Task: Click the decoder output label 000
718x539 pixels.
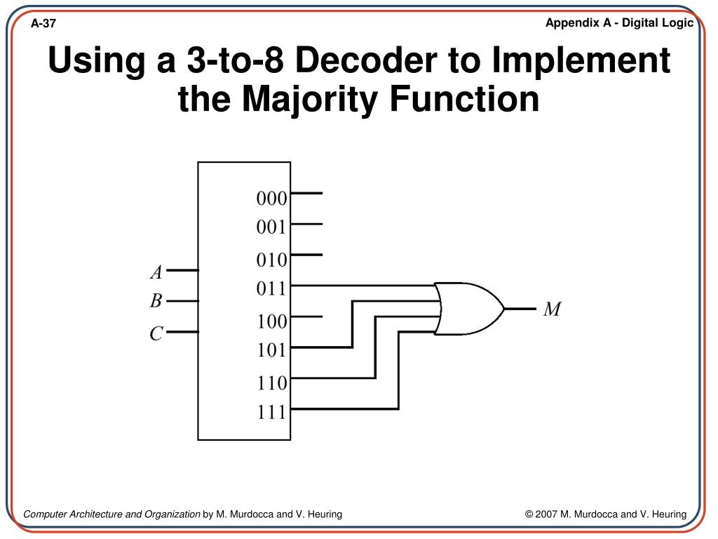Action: (x=271, y=199)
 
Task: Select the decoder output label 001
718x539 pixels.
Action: (x=271, y=227)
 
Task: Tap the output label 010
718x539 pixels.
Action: (x=271, y=260)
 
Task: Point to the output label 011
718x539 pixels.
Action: (x=271, y=288)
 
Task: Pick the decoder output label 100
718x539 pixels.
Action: (x=271, y=321)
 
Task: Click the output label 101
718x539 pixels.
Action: (x=271, y=350)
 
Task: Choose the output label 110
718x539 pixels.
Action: (x=271, y=382)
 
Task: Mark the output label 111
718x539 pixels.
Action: (x=271, y=411)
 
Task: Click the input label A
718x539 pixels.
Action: (x=156, y=272)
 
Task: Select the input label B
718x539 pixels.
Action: (x=156, y=302)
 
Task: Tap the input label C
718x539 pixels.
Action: (x=156, y=334)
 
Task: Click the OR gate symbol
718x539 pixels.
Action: (x=467, y=309)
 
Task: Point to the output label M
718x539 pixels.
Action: (x=552, y=309)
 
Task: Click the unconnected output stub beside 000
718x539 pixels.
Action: (x=306, y=193)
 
